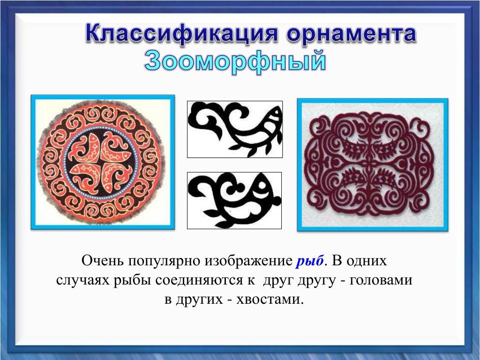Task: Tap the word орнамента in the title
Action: pyautogui.click(x=352, y=34)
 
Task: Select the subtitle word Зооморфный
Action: pyautogui.click(x=235, y=61)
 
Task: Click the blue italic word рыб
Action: pyautogui.click(x=310, y=261)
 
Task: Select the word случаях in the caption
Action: pyautogui.click(x=82, y=281)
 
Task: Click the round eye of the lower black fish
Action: pyautogui.click(x=262, y=185)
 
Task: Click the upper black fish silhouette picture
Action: pyautogui.click(x=235, y=129)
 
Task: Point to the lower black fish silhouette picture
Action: pyautogui.click(x=234, y=201)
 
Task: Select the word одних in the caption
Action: pyautogui.click(x=368, y=261)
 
